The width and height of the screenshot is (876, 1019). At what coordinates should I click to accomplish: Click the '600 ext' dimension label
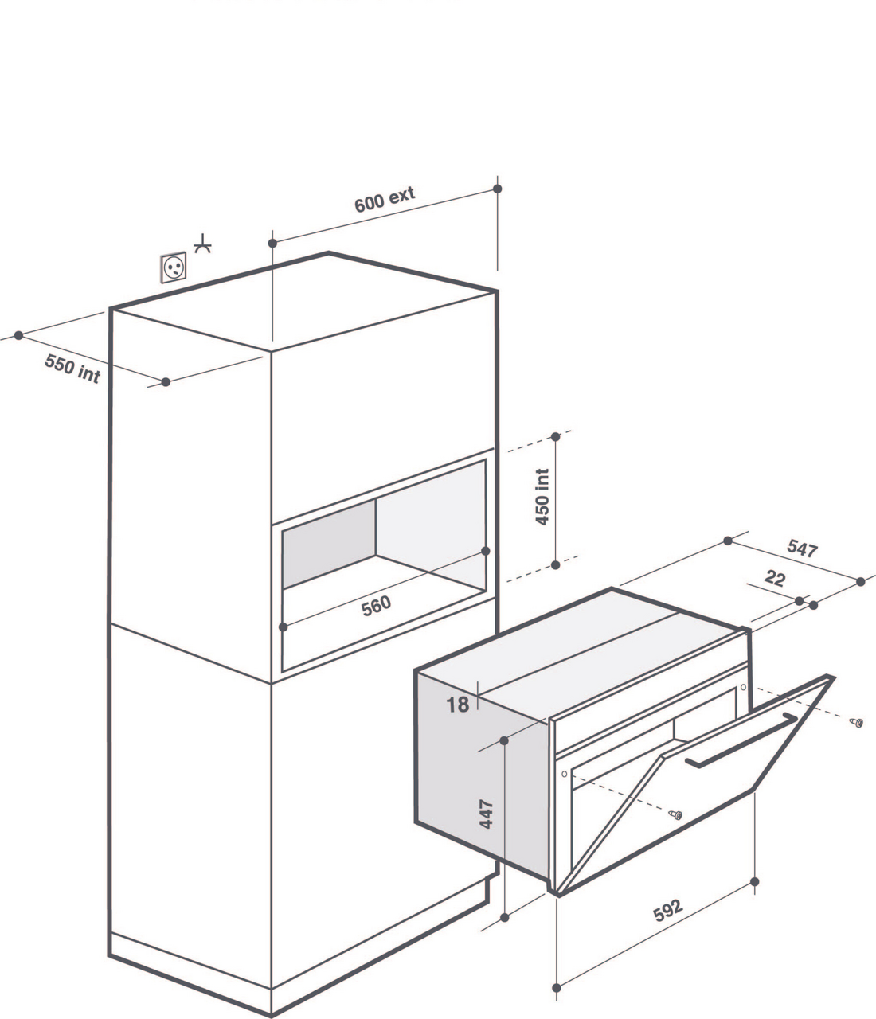pyautogui.click(x=385, y=199)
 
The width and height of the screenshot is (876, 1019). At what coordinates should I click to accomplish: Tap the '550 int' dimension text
pyautogui.click(x=72, y=369)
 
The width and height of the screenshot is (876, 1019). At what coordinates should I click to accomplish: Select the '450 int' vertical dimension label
pyautogui.click(x=542, y=497)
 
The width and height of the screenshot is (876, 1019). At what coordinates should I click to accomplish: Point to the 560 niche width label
pyautogui.click(x=376, y=606)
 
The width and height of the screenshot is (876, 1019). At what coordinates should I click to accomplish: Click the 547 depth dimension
pyautogui.click(x=803, y=549)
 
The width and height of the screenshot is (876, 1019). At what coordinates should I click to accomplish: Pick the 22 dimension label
pyautogui.click(x=774, y=578)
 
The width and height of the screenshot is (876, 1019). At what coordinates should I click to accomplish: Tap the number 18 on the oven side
pyautogui.click(x=457, y=705)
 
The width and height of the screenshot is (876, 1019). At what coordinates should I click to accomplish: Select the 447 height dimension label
pyautogui.click(x=487, y=814)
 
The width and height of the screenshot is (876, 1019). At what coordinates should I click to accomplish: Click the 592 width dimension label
pyautogui.click(x=668, y=910)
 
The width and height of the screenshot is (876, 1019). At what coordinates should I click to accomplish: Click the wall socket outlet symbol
pyautogui.click(x=174, y=267)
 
